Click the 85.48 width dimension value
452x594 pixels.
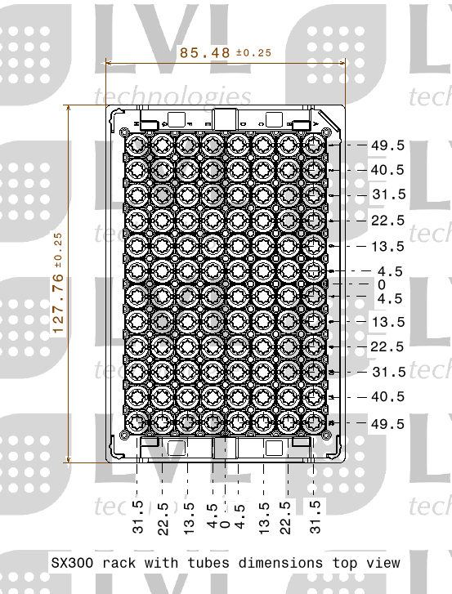point(205,52)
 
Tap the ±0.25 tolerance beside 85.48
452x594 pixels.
point(253,53)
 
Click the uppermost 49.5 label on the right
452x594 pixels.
point(387,145)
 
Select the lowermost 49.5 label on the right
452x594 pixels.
point(387,423)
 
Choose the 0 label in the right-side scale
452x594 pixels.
point(381,284)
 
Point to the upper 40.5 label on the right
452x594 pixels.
point(387,170)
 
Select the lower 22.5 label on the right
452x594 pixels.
point(387,346)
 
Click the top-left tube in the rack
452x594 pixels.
point(136,145)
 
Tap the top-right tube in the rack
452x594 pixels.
point(314,145)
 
